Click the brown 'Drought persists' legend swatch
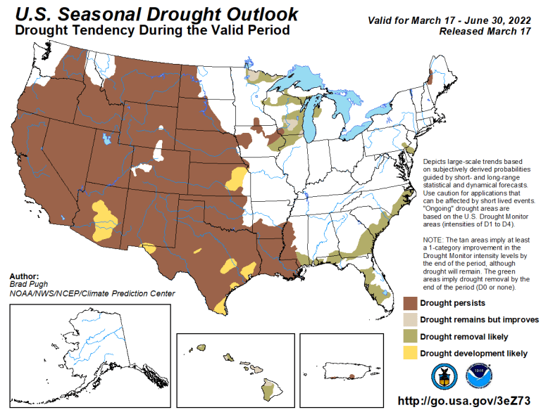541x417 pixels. (x=409, y=303)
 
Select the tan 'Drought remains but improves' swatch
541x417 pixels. (x=409, y=320)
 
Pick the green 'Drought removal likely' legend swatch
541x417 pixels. (x=409, y=336)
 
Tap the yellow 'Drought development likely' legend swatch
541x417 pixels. (x=409, y=353)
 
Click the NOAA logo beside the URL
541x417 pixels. (x=479, y=376)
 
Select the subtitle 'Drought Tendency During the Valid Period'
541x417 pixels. (x=152, y=31)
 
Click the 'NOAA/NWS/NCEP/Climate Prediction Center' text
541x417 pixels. (x=92, y=293)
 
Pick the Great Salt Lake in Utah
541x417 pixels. (x=106, y=140)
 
